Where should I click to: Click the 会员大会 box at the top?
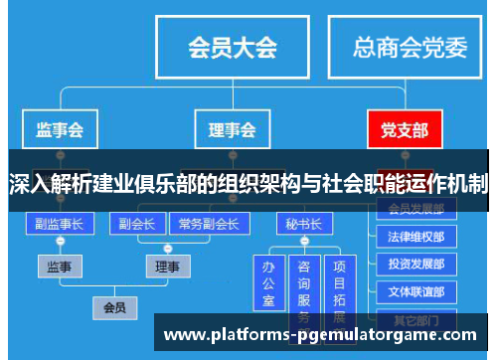point(233,47)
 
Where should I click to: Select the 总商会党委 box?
point(410,47)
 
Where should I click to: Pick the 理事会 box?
point(232,130)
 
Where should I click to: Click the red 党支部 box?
point(405,130)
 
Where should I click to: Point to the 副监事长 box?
point(60,224)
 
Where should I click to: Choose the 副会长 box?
point(136,224)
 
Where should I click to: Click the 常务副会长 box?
point(208,224)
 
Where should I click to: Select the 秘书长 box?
point(303,224)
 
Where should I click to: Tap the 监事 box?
point(60,267)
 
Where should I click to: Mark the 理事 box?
point(169,267)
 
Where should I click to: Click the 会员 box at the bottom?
point(114,308)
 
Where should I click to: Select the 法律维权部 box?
point(416,238)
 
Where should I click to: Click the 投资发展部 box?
point(416,266)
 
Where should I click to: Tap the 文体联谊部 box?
point(416,292)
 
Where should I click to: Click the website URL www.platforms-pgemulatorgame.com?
point(326,334)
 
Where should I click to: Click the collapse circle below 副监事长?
point(60,243)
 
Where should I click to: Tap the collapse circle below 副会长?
point(136,243)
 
